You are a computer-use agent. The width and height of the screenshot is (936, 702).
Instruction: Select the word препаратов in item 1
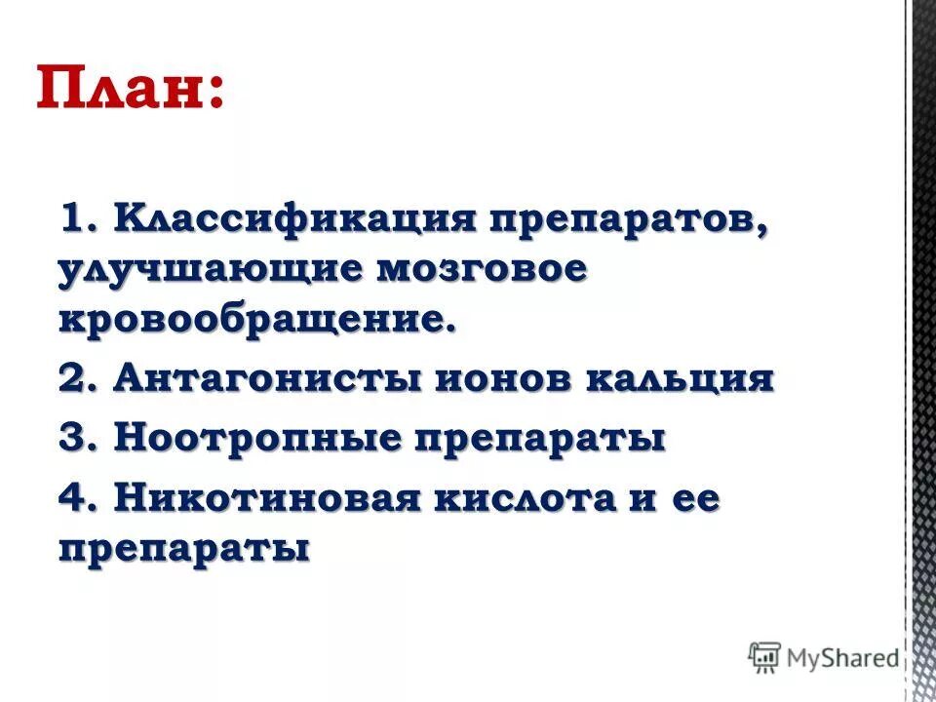(x=628, y=218)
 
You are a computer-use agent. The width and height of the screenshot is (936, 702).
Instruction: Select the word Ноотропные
(x=257, y=438)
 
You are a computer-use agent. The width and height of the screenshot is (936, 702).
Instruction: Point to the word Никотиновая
(x=267, y=499)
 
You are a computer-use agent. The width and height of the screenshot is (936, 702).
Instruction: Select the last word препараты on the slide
(x=184, y=549)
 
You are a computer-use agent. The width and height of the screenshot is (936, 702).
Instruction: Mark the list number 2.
(x=74, y=377)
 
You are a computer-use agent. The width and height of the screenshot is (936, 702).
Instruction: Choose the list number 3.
(x=74, y=438)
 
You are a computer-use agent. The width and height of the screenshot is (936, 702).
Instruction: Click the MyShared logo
(x=823, y=658)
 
